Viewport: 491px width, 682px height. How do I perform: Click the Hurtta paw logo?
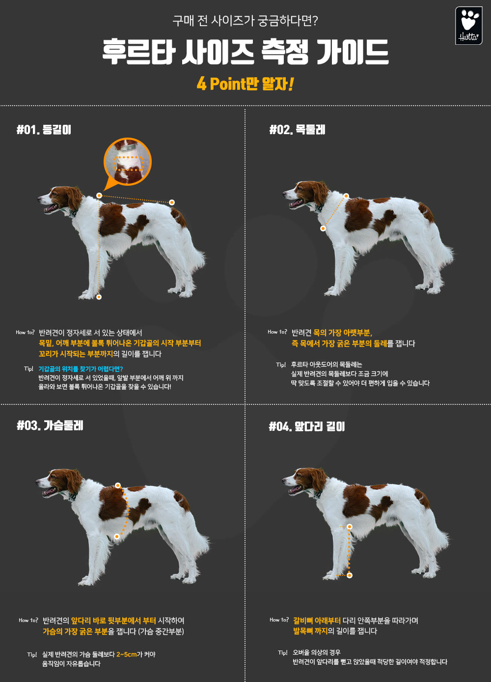(x=468, y=26)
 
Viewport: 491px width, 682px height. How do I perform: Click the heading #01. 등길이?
(x=44, y=130)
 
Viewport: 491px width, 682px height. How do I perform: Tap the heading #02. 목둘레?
(x=297, y=130)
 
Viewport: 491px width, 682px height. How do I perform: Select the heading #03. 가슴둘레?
(x=50, y=426)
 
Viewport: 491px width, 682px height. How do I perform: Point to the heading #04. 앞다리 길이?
(x=307, y=426)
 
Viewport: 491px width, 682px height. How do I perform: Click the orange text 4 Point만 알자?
(x=245, y=84)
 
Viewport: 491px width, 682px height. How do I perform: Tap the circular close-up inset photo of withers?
(x=128, y=161)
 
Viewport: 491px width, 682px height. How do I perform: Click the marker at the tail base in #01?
(x=172, y=202)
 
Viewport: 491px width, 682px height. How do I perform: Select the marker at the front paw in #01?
(x=99, y=297)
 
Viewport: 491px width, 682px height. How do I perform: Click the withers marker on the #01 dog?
(x=99, y=196)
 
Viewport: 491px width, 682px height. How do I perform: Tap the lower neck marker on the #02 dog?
(x=323, y=228)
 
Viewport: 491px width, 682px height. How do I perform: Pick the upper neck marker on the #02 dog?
(x=346, y=196)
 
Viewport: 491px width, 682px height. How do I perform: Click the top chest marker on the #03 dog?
(x=118, y=485)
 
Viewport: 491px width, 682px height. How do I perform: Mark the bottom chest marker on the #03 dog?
(x=117, y=537)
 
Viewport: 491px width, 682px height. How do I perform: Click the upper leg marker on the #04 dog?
(x=350, y=527)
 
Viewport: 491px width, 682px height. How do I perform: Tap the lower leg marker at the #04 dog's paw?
(x=350, y=575)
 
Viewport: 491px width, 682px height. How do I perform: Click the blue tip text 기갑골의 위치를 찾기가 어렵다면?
(x=81, y=369)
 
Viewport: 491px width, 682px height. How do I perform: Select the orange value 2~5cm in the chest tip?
(x=126, y=654)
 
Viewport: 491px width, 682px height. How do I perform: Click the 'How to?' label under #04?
(x=279, y=620)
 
